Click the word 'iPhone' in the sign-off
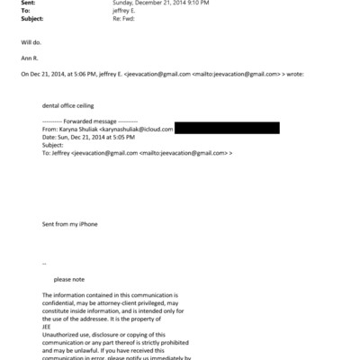pyautogui.click(x=88, y=223)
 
